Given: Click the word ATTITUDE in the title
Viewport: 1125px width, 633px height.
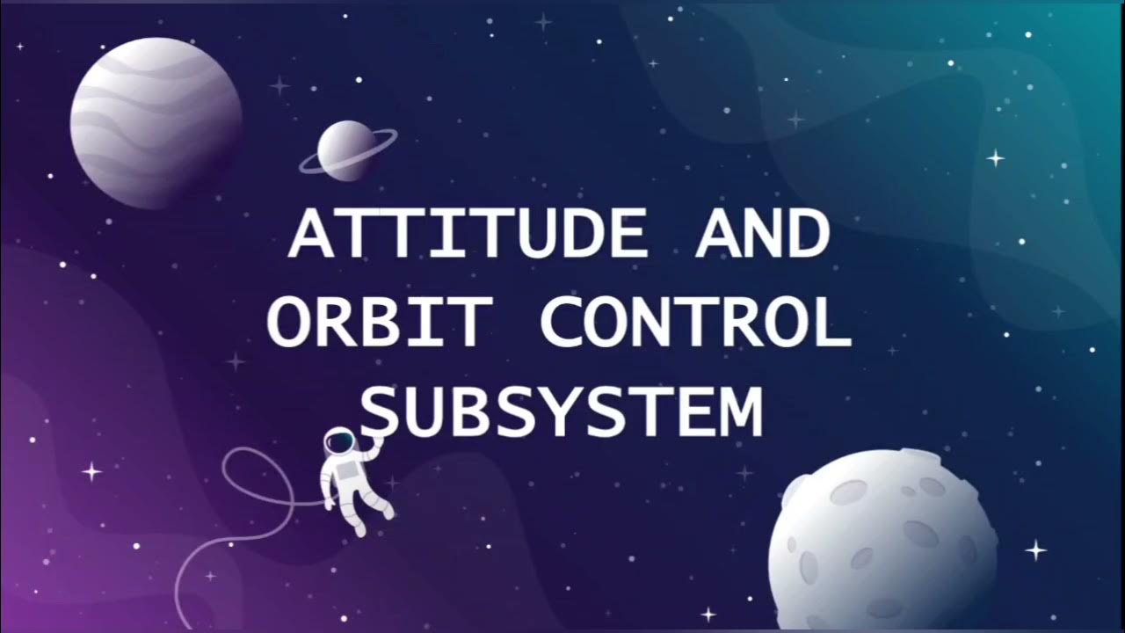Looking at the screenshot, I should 467,234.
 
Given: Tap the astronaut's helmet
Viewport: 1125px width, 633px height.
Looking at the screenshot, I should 339,441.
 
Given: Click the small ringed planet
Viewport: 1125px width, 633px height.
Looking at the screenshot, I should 347,150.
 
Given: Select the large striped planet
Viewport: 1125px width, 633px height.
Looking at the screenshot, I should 156,123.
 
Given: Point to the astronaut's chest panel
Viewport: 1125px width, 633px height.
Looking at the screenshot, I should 347,469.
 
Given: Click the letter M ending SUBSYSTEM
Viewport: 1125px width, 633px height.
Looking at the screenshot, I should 737,411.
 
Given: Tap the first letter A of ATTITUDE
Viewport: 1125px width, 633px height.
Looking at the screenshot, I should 311,234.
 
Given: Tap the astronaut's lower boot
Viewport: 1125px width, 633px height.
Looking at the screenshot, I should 359,528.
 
